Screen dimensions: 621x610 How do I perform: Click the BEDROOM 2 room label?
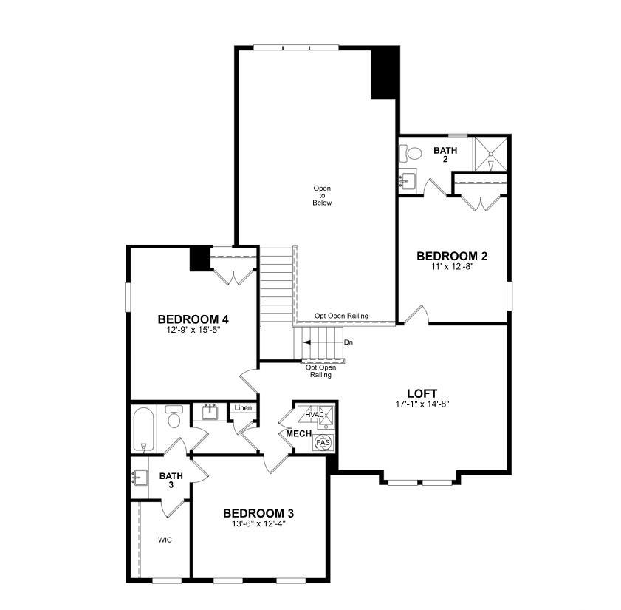click(452, 256)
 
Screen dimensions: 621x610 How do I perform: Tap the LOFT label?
click(422, 393)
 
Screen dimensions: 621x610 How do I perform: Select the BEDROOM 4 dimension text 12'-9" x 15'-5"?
click(193, 330)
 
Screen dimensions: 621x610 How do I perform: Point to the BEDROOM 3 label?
click(258, 513)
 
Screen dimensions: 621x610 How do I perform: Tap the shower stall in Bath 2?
click(491, 154)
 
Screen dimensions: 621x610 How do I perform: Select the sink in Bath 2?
click(407, 183)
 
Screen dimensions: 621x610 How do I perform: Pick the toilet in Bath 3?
click(174, 416)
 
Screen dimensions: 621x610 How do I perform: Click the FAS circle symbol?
click(323, 442)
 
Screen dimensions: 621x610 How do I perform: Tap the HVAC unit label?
click(315, 415)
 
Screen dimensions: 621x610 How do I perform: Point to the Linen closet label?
click(243, 407)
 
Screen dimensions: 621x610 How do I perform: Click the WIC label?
click(165, 540)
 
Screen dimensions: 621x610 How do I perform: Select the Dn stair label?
click(348, 342)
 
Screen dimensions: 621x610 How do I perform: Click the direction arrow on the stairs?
click(323, 342)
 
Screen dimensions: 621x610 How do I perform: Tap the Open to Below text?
click(322, 195)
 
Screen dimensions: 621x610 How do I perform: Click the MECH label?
click(298, 434)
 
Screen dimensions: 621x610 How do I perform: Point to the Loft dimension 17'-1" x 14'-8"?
click(422, 404)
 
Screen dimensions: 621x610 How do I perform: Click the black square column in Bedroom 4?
click(199, 259)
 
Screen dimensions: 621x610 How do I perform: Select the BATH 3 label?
click(171, 480)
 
